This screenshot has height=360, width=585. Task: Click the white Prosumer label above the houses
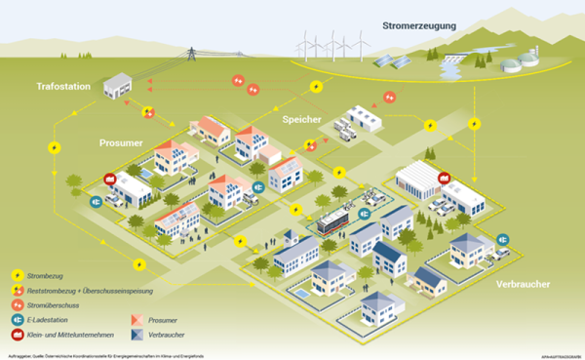pyautogui.click(x=122, y=142)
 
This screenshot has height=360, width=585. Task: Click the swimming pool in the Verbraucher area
pyautogui.click(x=301, y=292)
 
